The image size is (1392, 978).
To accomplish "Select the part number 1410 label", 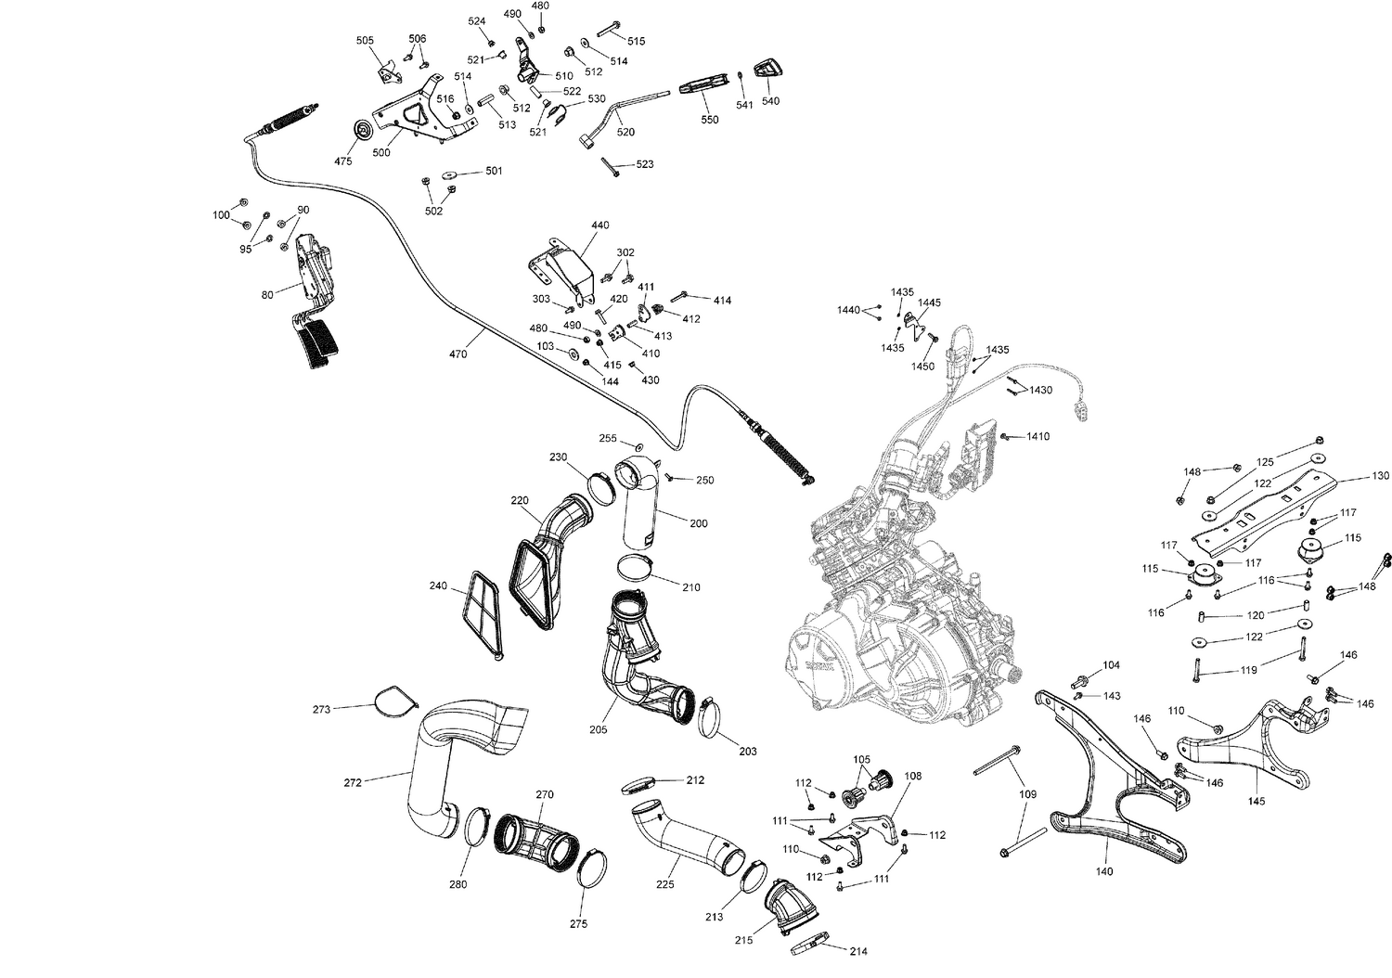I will click(1038, 436).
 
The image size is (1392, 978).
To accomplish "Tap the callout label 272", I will click(353, 784).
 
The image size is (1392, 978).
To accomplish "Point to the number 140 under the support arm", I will click(1104, 871).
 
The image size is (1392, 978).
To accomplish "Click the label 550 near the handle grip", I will click(709, 121).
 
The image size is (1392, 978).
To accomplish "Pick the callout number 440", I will click(599, 225).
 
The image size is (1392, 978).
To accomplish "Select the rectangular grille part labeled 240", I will click(483, 613).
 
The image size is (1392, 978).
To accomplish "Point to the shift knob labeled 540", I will click(767, 69).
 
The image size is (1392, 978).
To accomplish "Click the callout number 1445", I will click(929, 302).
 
